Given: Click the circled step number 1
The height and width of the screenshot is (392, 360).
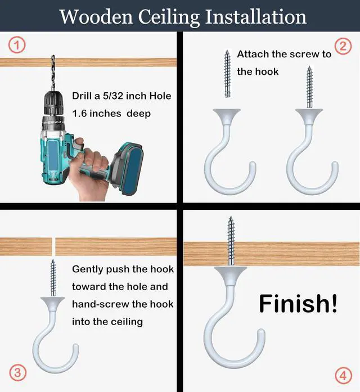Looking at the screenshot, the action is coord(17,45).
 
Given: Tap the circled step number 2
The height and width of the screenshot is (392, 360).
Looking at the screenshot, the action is coord(343,47).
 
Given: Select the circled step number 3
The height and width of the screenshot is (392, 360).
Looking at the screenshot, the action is coord(17,373).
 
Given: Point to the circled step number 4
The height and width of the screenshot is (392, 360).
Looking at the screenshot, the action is coord(344,375).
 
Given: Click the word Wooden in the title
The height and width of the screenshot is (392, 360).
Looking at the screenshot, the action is coord(96,17).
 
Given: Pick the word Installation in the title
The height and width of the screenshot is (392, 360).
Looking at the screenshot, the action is coord(255,17).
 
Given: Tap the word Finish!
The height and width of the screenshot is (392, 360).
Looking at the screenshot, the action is coord(298,304).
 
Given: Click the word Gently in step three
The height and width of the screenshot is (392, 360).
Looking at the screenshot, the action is coord(88,269).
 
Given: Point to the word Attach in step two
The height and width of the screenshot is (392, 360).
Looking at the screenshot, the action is coord(253,54).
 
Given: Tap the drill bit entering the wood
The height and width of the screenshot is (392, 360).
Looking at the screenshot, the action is coord(53,73).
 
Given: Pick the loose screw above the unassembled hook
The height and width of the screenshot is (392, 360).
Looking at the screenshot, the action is coord(227,74).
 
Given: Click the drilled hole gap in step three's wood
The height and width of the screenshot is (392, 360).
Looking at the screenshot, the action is coord(53,246).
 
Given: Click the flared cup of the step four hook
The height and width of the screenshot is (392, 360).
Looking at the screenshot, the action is coord(230,276).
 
